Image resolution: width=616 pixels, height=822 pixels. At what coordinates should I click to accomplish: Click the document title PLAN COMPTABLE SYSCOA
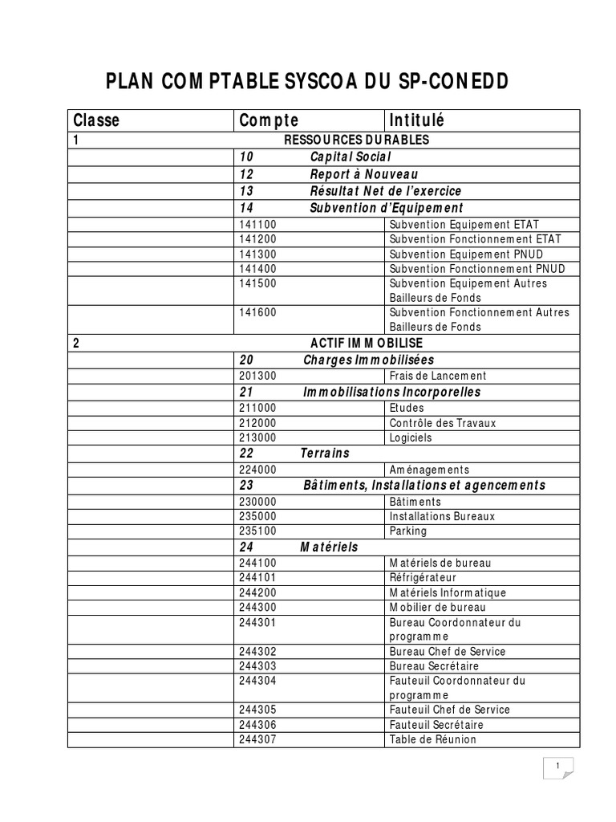coord(307,83)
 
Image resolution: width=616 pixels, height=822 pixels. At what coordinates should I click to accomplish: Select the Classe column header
coord(96,120)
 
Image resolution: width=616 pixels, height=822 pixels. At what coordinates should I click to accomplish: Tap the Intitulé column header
coord(416,120)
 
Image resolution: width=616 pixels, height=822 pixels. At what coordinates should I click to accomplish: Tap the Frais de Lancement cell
coord(438,376)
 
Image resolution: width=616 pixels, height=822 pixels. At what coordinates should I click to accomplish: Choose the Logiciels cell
coord(411,437)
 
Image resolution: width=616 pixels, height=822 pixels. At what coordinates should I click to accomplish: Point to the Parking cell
coord(408,531)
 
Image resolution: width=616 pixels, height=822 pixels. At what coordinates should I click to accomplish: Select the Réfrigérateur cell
coord(423,577)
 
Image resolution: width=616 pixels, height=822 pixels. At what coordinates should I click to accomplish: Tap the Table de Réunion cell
coord(432,739)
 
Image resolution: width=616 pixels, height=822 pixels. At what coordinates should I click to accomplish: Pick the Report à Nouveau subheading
coord(363,174)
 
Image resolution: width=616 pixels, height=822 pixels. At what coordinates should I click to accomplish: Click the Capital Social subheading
coord(351,157)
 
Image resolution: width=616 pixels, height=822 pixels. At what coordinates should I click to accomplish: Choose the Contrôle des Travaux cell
coord(443,422)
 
